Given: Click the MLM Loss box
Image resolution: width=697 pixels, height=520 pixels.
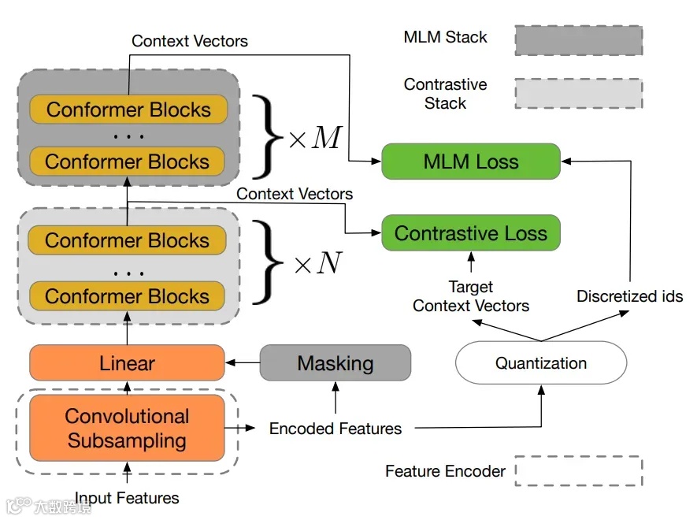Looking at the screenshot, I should (x=470, y=162).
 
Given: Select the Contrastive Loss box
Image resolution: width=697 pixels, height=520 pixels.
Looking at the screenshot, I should (x=470, y=233).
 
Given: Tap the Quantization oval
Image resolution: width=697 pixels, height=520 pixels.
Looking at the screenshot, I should (x=541, y=363).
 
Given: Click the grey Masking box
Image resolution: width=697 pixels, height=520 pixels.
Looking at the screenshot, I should (x=335, y=363).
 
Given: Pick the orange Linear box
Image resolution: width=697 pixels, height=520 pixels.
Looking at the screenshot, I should (x=127, y=363).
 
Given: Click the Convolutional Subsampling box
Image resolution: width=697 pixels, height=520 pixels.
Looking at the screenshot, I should (x=127, y=428).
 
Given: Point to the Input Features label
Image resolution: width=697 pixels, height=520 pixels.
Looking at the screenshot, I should (x=127, y=498).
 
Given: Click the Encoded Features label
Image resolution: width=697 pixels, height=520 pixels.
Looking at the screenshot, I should (x=336, y=429).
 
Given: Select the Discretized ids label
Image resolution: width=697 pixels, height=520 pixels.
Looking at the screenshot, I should (x=629, y=297).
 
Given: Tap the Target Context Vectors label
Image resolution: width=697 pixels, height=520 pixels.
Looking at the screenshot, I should (x=471, y=296).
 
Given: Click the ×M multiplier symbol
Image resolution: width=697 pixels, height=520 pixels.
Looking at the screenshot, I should (x=314, y=138).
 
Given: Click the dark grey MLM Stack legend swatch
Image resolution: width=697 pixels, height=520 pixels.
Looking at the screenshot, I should (x=578, y=40).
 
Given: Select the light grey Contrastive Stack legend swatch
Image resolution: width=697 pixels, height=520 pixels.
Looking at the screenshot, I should (x=578, y=93).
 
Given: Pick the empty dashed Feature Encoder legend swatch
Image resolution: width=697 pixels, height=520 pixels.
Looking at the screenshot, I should (x=578, y=471).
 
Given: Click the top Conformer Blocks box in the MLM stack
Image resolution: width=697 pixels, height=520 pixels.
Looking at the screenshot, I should (x=128, y=110).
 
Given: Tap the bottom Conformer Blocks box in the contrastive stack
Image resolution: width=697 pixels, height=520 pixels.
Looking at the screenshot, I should (x=127, y=296).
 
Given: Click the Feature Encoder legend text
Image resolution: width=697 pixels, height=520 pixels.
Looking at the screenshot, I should (x=445, y=471).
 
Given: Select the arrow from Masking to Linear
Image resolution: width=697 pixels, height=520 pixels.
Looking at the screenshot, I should (x=243, y=363).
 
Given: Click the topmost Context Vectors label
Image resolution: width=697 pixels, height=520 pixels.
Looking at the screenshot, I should (x=189, y=41).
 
